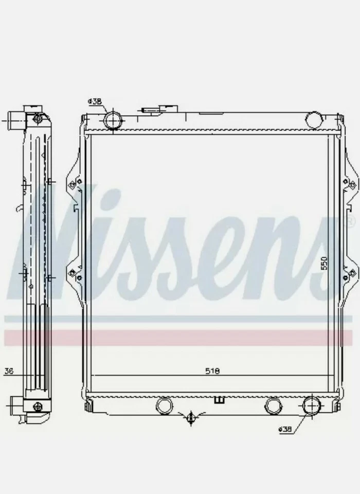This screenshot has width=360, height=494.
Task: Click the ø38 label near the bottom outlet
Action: (x=286, y=429)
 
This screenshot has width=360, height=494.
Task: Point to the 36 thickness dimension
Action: (x=8, y=370)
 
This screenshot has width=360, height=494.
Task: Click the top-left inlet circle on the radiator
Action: (x=113, y=120)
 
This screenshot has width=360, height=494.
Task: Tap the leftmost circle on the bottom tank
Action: (x=165, y=405)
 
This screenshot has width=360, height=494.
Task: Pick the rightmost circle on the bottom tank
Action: (x=310, y=405)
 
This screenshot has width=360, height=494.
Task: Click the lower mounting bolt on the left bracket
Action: (x=73, y=272)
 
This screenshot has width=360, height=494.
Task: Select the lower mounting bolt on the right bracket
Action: (x=353, y=272)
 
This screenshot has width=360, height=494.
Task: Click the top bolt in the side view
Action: (x=37, y=119)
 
